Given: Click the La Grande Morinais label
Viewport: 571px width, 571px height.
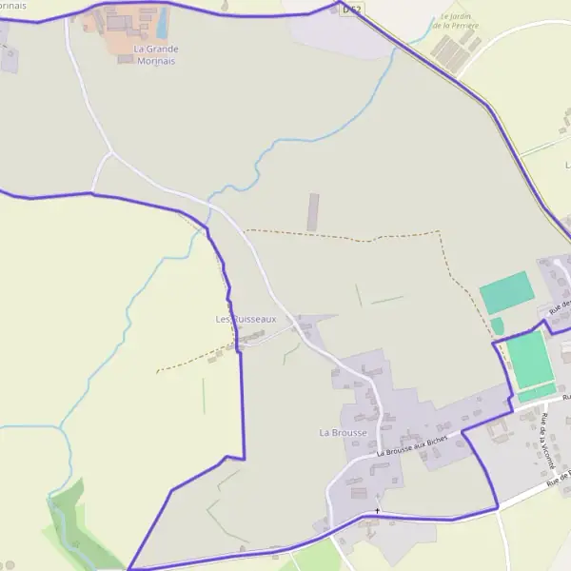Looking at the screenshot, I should (155, 54).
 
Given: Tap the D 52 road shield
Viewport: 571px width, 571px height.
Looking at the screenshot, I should (351, 10).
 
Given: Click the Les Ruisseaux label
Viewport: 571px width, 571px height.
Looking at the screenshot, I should (246, 319).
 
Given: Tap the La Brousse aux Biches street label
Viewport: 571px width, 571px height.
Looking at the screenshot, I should (411, 446).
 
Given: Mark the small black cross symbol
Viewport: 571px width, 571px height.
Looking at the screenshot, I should (377, 511).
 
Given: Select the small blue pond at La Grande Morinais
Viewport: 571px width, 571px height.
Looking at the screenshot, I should (162, 21).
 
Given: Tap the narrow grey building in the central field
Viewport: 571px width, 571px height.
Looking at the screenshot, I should (313, 211).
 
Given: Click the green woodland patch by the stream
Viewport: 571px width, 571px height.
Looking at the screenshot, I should (76, 523).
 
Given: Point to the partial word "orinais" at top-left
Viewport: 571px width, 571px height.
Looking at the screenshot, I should (13, 5).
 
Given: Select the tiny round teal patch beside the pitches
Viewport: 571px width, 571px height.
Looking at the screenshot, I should (497, 325).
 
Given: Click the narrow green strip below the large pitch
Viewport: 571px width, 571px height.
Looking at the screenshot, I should (536, 392).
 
